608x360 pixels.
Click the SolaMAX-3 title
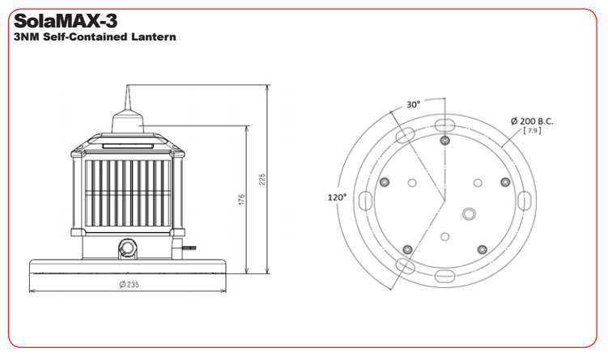(65, 21)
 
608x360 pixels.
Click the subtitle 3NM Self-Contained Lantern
(95, 37)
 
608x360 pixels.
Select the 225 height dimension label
(262, 179)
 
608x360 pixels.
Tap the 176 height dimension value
(241, 200)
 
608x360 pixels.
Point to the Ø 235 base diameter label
(129, 285)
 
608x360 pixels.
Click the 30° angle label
(413, 104)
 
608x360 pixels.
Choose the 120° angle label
(337, 197)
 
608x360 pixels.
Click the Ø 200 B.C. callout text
(532, 121)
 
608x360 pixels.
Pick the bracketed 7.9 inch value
(532, 131)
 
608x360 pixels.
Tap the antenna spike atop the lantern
(128, 98)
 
